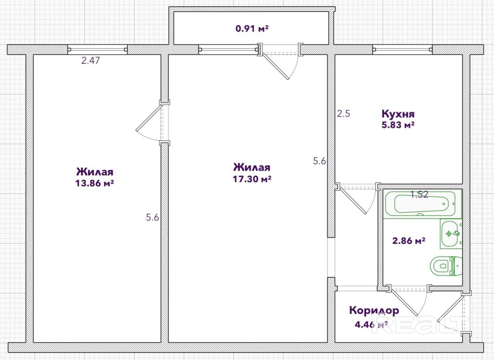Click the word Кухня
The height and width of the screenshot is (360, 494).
click(398, 114)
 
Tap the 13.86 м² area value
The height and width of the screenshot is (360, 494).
click(95, 183)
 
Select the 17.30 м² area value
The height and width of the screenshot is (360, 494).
click(252, 179)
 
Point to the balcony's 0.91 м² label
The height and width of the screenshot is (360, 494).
click(252, 29)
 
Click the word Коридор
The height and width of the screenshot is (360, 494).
click(374, 311)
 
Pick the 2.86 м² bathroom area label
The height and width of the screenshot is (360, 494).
click(409, 241)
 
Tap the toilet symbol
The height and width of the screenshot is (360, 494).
click(446, 266)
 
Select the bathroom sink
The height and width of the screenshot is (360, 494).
click(451, 234)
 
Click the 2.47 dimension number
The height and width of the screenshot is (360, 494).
click(91, 60)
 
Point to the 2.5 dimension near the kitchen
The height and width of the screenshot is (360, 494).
click(343, 114)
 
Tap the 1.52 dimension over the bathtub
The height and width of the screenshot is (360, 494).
click(419, 194)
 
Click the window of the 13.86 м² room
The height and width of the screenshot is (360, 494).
click(97, 49)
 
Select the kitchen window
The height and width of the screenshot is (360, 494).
click(402, 49)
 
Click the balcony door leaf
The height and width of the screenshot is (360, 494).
click(275, 66)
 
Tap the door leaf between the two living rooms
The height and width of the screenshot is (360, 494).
click(149, 118)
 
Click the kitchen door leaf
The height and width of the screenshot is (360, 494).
click(353, 200)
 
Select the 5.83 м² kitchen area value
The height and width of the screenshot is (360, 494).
click(398, 125)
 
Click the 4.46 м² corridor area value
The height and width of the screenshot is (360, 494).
click(371, 324)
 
